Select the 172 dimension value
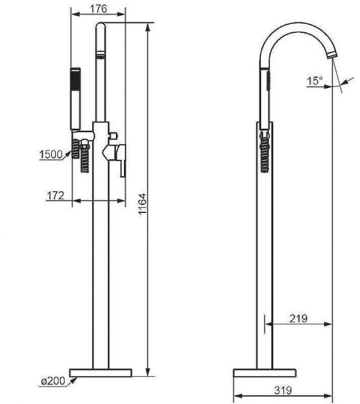(x=55, y=196)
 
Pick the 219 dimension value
(x=298, y=318)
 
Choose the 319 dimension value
(x=283, y=390)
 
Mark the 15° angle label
(x=315, y=81)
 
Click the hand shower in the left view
(x=75, y=98)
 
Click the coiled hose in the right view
(x=265, y=154)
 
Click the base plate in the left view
(x=100, y=372)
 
